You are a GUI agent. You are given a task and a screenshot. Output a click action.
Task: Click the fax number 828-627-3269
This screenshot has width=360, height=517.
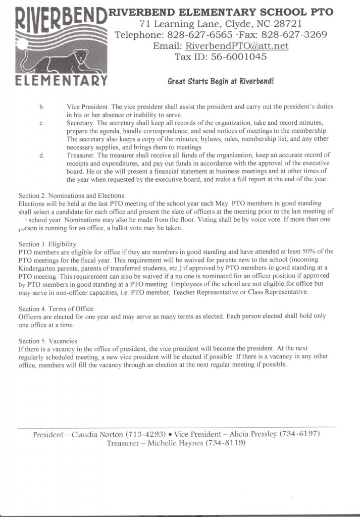pos(294,35)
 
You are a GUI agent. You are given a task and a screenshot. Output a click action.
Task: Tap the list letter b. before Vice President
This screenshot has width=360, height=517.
pos(42,107)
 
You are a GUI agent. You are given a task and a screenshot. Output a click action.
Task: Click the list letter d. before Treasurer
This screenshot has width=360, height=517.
pos(42,155)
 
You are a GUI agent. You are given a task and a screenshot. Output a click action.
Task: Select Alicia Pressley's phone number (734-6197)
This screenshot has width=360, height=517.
pos(297,434)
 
